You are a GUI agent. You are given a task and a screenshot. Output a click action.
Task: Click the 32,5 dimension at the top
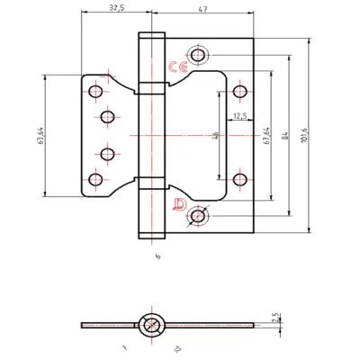point(112,7)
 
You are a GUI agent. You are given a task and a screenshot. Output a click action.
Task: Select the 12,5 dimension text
point(240,116)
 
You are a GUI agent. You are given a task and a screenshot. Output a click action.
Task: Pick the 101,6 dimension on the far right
point(304,135)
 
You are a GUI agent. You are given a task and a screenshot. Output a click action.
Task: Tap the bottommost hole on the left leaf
point(95,178)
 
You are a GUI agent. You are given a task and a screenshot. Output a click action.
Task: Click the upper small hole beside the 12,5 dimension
point(240,91)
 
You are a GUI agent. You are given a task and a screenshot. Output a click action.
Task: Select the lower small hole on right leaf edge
point(240,179)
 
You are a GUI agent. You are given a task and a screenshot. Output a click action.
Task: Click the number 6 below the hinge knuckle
point(157,257)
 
